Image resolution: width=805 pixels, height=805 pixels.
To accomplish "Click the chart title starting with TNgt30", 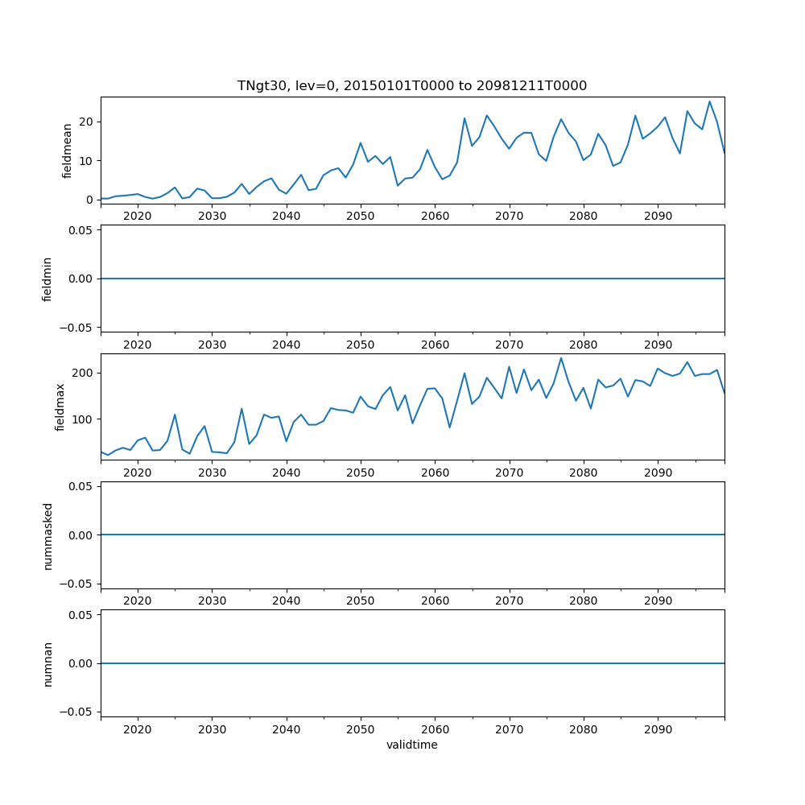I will tap(411, 85).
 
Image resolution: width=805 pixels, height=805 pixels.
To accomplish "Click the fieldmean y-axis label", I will tap(68, 150).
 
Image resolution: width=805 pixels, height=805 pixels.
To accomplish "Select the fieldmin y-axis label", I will tap(47, 279).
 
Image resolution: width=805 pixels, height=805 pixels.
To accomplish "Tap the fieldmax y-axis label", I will tap(60, 407).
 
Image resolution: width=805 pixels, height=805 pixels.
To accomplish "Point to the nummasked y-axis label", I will tap(47, 535).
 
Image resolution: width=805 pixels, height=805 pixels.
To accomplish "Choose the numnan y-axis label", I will tap(47, 663).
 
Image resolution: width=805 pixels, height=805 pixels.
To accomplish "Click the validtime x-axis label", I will tap(411, 745).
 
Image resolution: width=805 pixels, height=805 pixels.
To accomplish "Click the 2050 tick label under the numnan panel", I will tap(361, 730).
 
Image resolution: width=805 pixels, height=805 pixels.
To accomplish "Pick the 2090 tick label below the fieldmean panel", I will tap(658, 217).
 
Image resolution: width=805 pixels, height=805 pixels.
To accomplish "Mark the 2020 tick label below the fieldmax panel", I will tap(138, 473).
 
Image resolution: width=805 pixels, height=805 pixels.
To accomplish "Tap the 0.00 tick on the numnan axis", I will tap(80, 663).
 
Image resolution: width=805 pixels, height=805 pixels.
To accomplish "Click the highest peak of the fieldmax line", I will tap(561, 358).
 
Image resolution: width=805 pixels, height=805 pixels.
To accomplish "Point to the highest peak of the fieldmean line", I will tap(709, 101).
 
